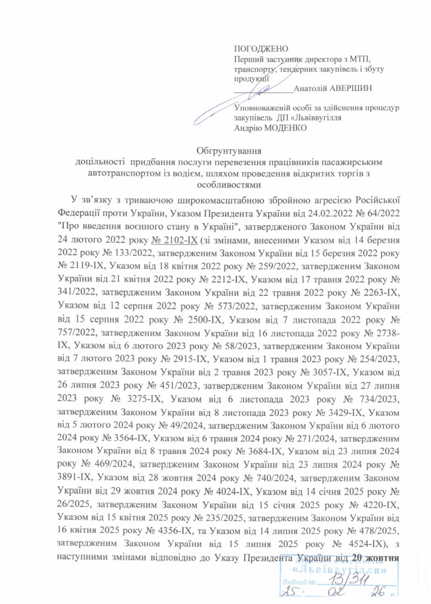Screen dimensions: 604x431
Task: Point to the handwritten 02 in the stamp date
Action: coord(340,595)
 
